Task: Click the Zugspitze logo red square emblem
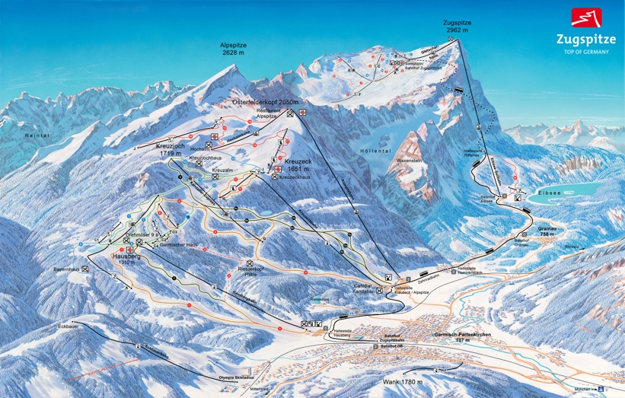click(586, 17)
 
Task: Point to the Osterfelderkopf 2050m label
click(265, 102)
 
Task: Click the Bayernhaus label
click(66, 269)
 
